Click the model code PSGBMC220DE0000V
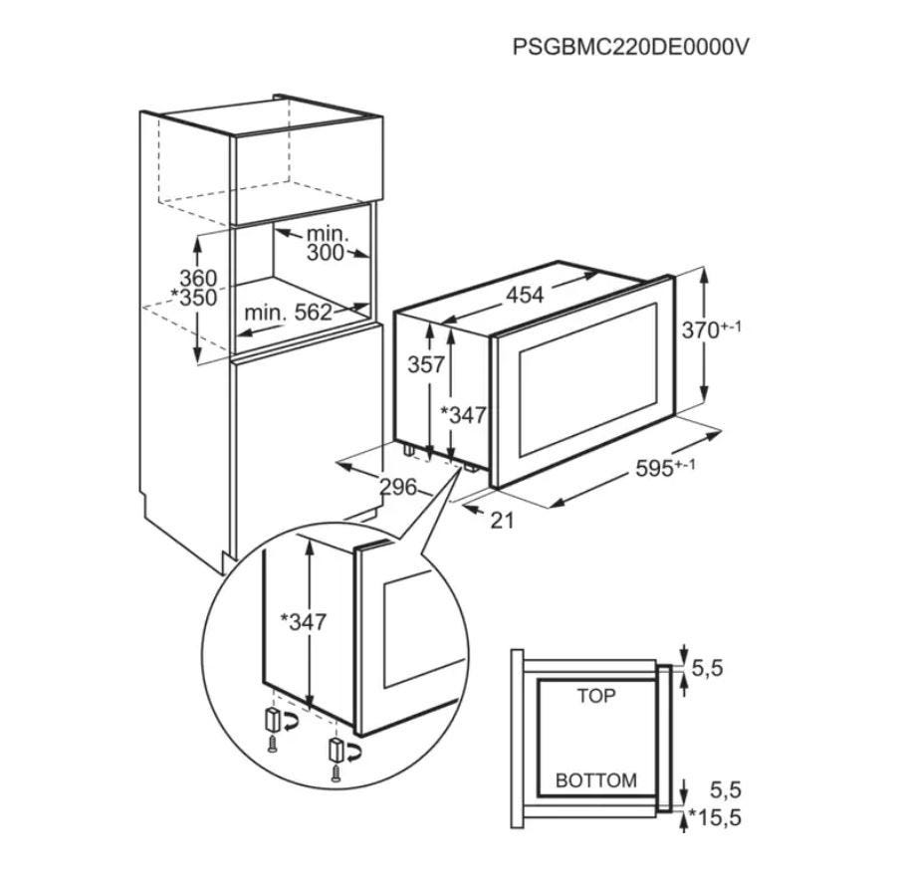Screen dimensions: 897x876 (630, 47)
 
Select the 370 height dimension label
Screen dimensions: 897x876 (711, 329)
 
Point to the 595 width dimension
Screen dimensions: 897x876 (665, 468)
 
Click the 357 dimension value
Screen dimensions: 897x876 (426, 364)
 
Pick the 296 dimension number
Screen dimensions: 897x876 (398, 487)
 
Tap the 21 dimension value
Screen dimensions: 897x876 (502, 520)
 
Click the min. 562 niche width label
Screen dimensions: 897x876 (288, 313)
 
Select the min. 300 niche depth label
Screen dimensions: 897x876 (327, 243)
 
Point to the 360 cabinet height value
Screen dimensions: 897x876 (198, 278)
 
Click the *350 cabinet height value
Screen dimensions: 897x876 (193, 298)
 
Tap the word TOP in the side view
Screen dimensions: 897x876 (596, 696)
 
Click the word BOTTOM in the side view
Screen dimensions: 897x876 (596, 780)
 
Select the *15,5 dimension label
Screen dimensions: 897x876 (715, 817)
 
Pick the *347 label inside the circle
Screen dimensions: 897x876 (303, 621)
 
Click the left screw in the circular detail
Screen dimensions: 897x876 (273, 746)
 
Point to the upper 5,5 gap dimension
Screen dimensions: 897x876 (707, 668)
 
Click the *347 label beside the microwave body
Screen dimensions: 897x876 (463, 415)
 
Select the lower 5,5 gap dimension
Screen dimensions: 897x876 (726, 790)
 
